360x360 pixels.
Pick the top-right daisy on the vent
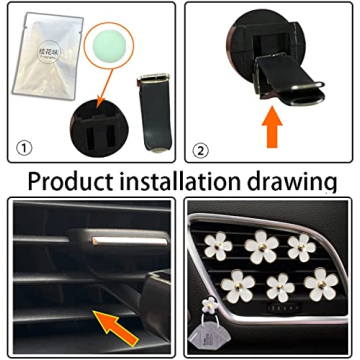[299, 246]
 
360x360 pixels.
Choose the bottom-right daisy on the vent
[304, 281]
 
